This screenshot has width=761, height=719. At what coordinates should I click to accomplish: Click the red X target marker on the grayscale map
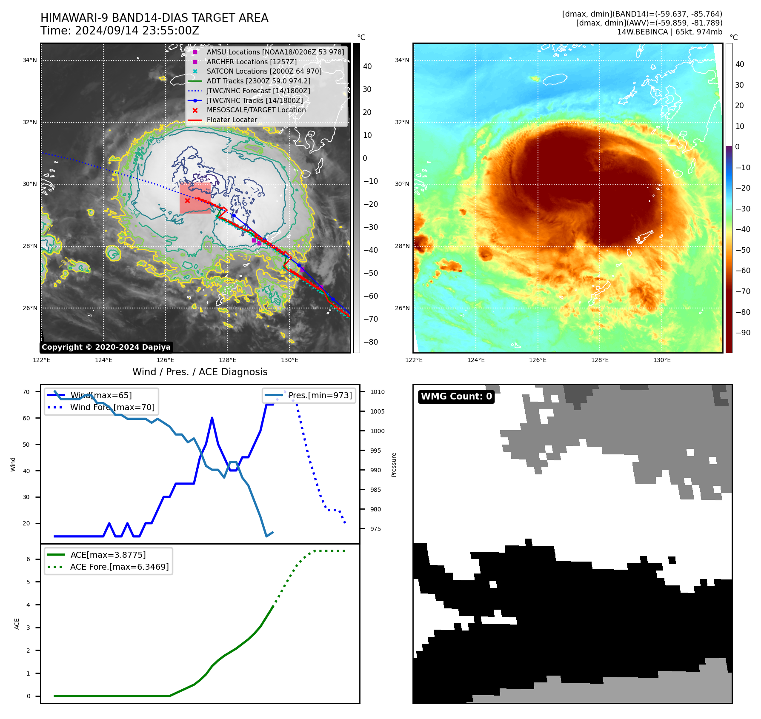click(x=187, y=200)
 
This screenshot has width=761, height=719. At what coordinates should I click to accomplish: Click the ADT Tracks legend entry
click(x=258, y=81)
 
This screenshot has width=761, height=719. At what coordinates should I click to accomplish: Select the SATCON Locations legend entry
click(x=264, y=71)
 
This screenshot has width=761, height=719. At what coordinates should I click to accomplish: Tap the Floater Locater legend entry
click(x=232, y=120)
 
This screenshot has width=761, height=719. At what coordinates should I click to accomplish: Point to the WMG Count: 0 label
click(x=456, y=397)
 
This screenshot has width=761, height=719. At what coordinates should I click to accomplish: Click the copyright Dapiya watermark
click(x=106, y=347)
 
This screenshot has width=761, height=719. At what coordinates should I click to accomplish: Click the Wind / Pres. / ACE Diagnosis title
click(x=200, y=372)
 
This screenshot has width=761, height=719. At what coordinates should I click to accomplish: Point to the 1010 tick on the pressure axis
click(x=377, y=392)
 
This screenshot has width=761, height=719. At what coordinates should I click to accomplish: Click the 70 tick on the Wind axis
click(x=26, y=392)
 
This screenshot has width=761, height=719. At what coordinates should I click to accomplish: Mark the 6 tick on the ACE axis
click(x=29, y=559)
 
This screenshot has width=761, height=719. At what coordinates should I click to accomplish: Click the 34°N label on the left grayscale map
click(x=30, y=60)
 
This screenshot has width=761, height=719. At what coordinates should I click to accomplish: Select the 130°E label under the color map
click(x=662, y=360)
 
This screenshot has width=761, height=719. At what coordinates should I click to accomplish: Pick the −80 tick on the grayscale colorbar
click(x=370, y=342)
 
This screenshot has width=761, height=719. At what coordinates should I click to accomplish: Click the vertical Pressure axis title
click(x=394, y=465)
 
